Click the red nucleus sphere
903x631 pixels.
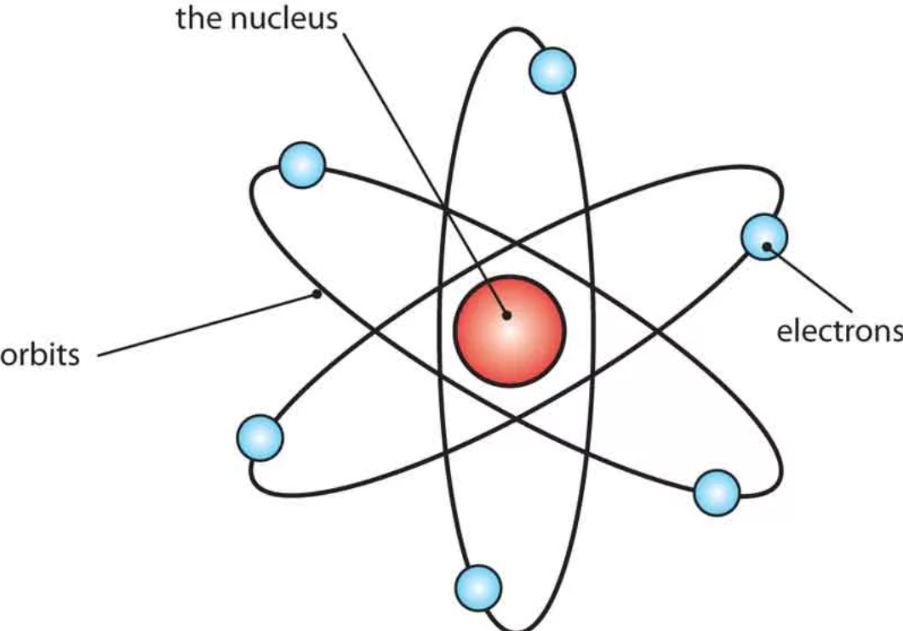tap(509, 329)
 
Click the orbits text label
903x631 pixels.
tap(40, 353)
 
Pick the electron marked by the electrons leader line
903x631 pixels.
tap(765, 236)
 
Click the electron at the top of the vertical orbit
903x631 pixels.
tap(552, 71)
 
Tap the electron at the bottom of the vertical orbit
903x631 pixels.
tap(478, 585)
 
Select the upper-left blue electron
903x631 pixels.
tap(302, 166)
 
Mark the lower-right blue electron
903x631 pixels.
tap(717, 492)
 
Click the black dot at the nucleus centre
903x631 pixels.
tap(506, 315)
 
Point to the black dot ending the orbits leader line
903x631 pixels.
tap(317, 295)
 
